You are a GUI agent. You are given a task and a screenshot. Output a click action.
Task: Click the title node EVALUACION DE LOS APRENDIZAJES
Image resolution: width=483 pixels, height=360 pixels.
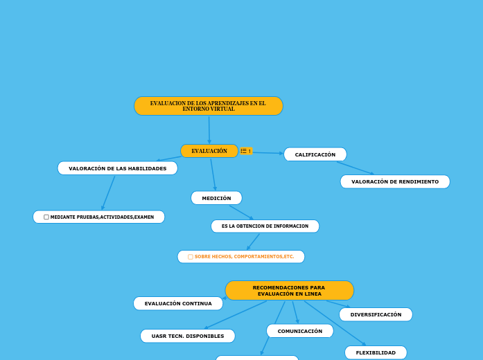(208, 106)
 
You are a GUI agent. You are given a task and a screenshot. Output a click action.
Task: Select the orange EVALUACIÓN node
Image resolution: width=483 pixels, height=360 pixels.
(209, 151)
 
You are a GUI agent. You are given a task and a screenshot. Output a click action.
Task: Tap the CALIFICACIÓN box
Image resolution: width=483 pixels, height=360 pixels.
(315, 154)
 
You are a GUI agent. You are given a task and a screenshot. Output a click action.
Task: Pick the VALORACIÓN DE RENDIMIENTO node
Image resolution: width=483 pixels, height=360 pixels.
(394, 181)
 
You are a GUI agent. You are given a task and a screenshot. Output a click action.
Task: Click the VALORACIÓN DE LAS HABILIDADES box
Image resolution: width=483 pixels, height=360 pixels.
(117, 168)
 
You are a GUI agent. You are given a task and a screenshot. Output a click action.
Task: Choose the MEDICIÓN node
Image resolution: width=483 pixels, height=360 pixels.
(216, 198)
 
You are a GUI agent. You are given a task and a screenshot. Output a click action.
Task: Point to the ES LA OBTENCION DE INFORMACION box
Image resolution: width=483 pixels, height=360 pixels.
(265, 226)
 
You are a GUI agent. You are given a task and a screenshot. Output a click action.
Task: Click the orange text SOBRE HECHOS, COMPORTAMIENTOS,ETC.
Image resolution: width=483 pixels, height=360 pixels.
(244, 257)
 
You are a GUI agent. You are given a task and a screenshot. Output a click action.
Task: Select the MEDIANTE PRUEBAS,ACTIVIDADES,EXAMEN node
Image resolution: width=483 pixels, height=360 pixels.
(102, 217)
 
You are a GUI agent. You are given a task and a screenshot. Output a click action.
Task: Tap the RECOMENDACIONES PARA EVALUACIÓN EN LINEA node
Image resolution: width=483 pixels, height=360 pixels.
(289, 290)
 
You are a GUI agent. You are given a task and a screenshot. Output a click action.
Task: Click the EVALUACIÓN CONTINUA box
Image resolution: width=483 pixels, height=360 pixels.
(178, 303)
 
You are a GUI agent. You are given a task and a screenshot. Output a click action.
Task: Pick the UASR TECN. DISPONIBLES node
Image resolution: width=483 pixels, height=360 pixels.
(187, 336)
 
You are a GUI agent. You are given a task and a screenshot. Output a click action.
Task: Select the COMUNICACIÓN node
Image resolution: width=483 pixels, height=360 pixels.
(299, 331)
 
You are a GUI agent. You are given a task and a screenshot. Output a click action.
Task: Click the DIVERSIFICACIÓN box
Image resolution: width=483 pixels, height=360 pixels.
(376, 314)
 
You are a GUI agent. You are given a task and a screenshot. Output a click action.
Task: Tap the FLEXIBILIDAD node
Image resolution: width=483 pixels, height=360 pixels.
(376, 352)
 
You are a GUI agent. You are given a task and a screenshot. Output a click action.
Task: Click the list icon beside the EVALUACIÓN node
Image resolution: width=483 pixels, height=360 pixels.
(244, 151)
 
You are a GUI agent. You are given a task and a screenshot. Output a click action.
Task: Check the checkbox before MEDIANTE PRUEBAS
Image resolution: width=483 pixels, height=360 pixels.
(46, 217)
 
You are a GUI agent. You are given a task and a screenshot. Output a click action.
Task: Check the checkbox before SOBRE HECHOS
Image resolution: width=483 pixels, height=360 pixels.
(191, 257)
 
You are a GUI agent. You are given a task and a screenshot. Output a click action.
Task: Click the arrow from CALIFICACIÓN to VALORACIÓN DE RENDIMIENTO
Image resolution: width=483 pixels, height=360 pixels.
(355, 168)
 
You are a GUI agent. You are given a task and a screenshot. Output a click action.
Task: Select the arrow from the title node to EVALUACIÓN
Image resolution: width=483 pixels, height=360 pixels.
(209, 129)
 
